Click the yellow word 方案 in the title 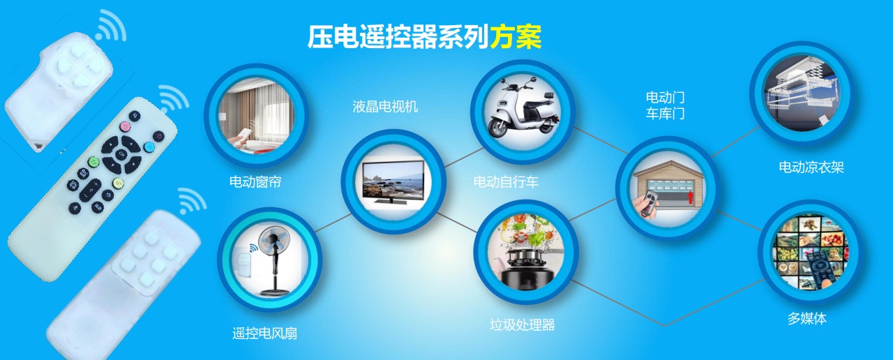(x=516, y=37)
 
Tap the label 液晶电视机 (x=385, y=107)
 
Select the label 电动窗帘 (x=255, y=182)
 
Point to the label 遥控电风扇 (x=264, y=333)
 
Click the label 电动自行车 (x=506, y=182)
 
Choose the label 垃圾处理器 (x=523, y=325)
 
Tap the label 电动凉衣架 (x=811, y=167)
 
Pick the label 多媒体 (x=807, y=319)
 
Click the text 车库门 (x=666, y=114)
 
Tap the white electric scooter (x=523, y=107)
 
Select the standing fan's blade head (x=273, y=241)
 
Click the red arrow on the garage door (x=690, y=197)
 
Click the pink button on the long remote (x=125, y=127)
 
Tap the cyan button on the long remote (x=149, y=147)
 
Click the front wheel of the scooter (x=498, y=128)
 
